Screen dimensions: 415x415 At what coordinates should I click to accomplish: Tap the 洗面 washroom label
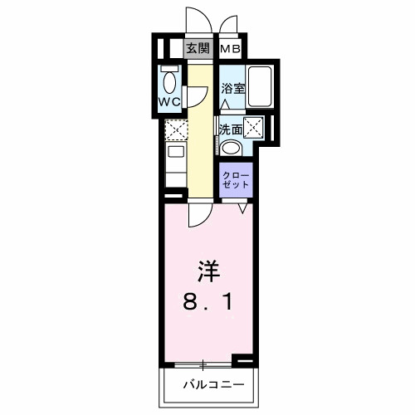tap(230, 129)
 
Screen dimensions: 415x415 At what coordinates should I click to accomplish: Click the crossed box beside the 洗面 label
tap(253, 129)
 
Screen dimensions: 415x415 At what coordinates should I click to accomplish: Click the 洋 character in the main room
tap(207, 270)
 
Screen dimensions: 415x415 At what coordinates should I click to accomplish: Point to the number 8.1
tap(207, 303)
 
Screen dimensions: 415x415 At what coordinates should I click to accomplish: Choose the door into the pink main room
tap(198, 213)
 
